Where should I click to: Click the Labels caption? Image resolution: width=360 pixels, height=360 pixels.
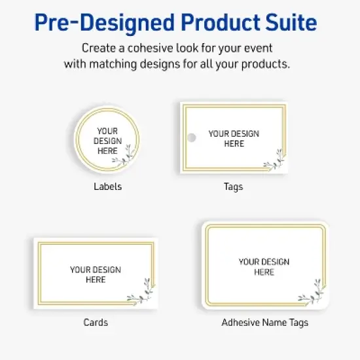click(107, 187)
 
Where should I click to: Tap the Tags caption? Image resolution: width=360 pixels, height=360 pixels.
click(233, 187)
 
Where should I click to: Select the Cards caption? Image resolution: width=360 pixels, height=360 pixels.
click(96, 322)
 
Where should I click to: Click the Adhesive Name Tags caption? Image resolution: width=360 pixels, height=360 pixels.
click(264, 322)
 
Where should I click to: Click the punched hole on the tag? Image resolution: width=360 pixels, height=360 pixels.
click(192, 138)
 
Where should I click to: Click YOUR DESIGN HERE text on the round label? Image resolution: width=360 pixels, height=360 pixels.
click(107, 140)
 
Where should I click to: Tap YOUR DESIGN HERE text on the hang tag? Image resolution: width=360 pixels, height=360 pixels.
click(234, 138)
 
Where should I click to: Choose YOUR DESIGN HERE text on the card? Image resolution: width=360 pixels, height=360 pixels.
click(96, 274)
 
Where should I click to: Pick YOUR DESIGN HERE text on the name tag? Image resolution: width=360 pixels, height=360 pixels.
click(264, 266)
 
